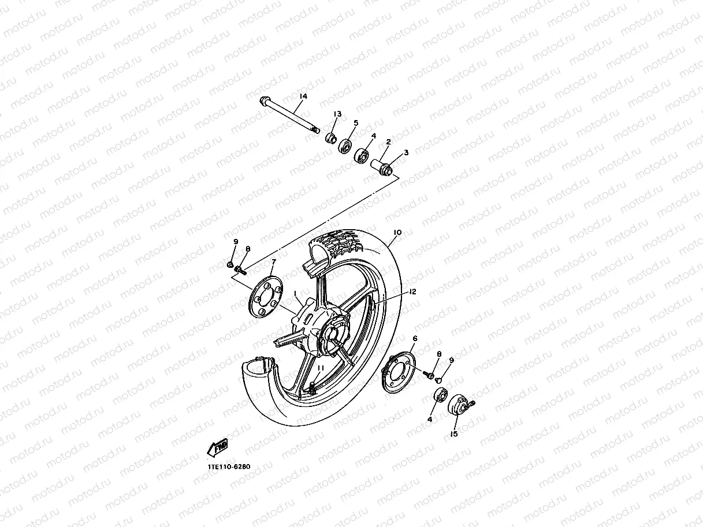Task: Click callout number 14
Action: (x=303, y=96)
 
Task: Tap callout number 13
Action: (x=337, y=114)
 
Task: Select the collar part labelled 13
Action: (x=332, y=139)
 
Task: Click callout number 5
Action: (x=356, y=123)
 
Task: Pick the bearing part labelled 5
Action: (x=347, y=145)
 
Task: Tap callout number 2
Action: (x=388, y=141)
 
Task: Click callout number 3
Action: (x=406, y=152)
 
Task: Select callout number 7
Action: (x=273, y=262)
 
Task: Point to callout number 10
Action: (x=397, y=233)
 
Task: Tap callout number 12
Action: (x=412, y=292)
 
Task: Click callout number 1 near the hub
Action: (x=296, y=294)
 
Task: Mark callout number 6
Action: (x=414, y=338)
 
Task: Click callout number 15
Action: (x=454, y=434)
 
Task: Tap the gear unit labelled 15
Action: (x=460, y=404)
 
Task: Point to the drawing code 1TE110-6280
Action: (x=229, y=466)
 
